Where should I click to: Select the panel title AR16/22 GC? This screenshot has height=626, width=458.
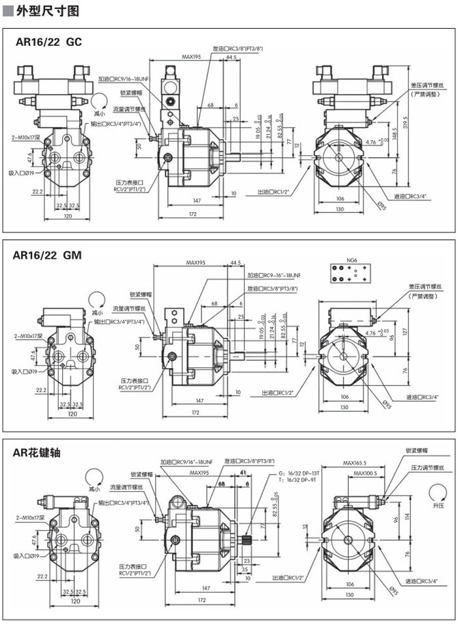tap(49, 43)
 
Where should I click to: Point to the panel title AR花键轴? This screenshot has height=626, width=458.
tap(37, 453)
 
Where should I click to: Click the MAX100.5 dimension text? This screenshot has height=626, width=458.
tap(365, 473)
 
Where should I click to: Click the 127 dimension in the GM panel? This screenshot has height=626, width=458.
tap(406, 331)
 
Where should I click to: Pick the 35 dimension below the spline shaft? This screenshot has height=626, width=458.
tap(245, 570)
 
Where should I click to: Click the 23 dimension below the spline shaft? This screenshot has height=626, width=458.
tap(247, 561)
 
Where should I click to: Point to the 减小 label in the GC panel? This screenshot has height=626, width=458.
tap(99, 113)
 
